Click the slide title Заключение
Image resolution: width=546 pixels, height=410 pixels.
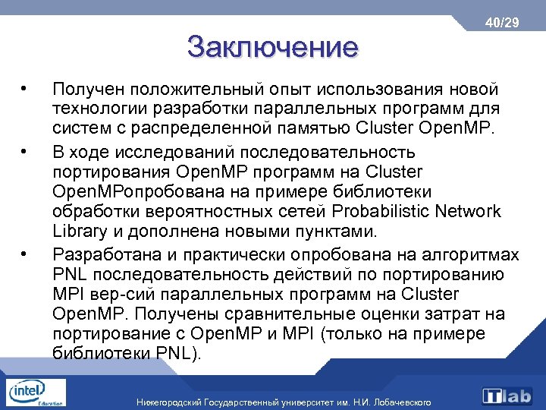point(272,47)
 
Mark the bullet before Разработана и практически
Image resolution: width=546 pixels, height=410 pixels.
point(26,252)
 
